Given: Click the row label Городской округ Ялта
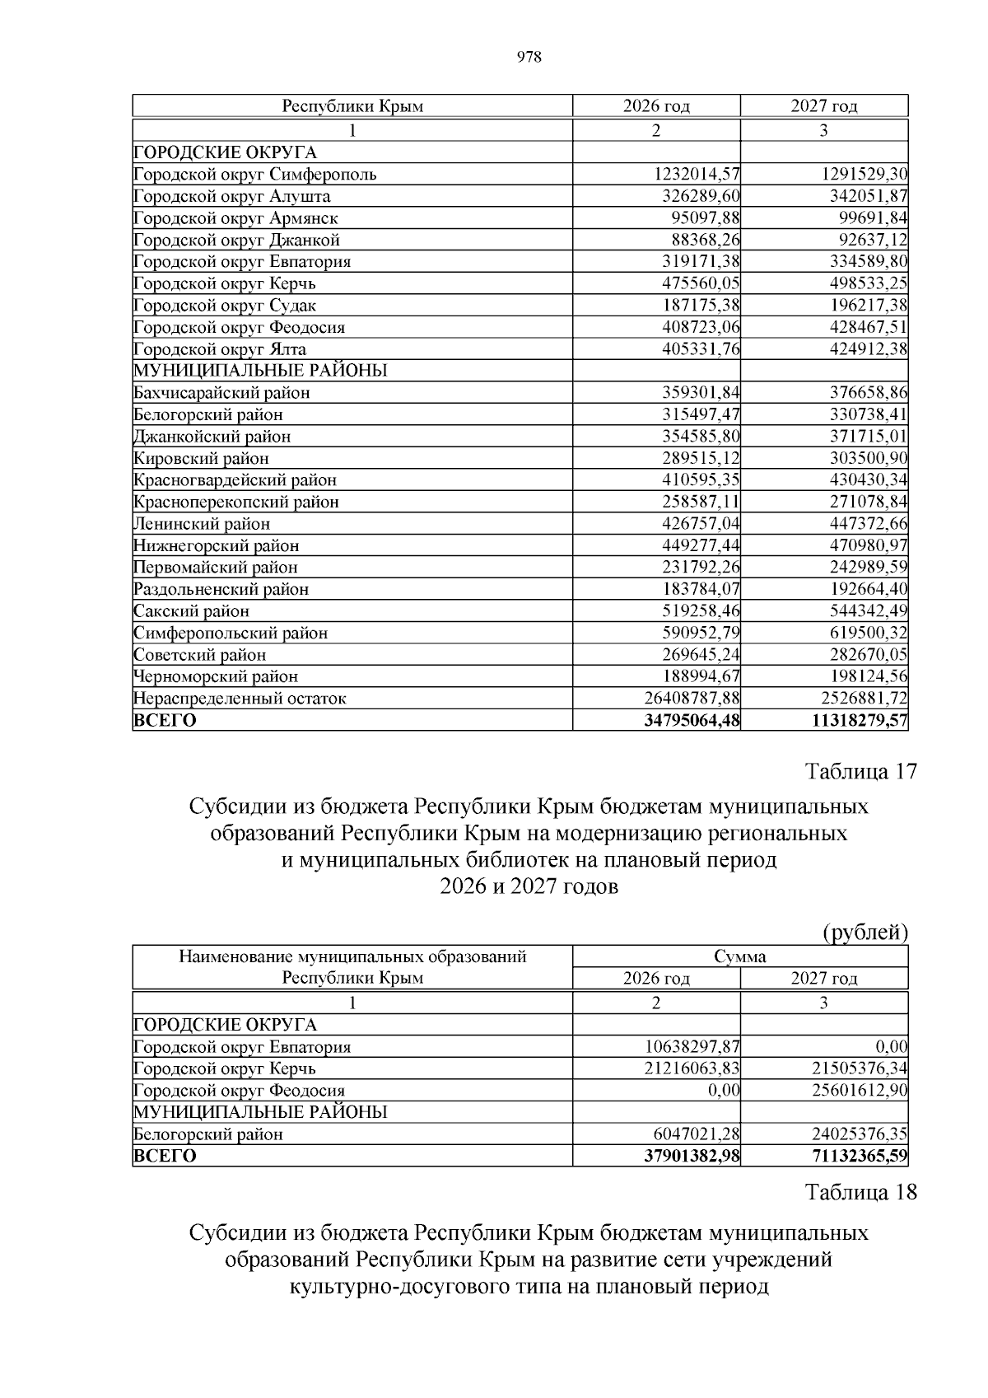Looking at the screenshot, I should click(x=220, y=349).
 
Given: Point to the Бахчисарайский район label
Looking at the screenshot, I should click(x=222, y=393).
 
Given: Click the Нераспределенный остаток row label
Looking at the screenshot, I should click(x=240, y=699).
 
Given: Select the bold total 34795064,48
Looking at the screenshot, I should click(x=692, y=721).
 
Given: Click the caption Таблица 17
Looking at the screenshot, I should click(x=860, y=772).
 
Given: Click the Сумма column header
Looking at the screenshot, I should click(x=739, y=956).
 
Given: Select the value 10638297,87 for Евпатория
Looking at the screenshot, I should click(x=692, y=1047).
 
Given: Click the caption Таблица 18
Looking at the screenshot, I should click(x=860, y=1192).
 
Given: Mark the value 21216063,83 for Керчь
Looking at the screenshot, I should click(x=692, y=1068).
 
